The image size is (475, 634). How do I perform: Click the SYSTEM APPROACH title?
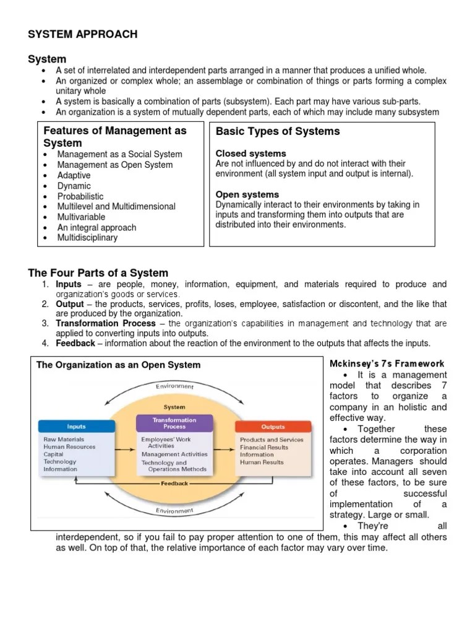(82, 35)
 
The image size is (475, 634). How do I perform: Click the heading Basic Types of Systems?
(278, 131)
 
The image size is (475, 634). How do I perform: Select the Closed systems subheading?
(250, 153)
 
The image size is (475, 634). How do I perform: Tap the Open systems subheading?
(247, 194)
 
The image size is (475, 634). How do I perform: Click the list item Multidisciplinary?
(87, 238)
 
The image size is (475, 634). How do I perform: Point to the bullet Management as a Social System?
(119, 154)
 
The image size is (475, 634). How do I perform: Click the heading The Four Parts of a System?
(98, 273)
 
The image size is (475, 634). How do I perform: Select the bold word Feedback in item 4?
(75, 343)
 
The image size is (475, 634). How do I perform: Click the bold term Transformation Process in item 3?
(106, 323)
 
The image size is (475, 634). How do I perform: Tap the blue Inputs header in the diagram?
(76, 427)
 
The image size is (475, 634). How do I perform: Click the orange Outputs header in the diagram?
(273, 427)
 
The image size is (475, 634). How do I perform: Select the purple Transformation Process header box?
(174, 423)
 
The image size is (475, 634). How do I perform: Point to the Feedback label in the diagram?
(174, 483)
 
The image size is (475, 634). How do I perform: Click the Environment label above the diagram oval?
(174, 387)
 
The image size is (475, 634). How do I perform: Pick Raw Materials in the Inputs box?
(64, 440)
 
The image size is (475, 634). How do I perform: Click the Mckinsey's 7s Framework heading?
(387, 364)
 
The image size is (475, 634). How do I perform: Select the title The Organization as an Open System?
(118, 365)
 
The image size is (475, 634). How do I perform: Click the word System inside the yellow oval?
(174, 407)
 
